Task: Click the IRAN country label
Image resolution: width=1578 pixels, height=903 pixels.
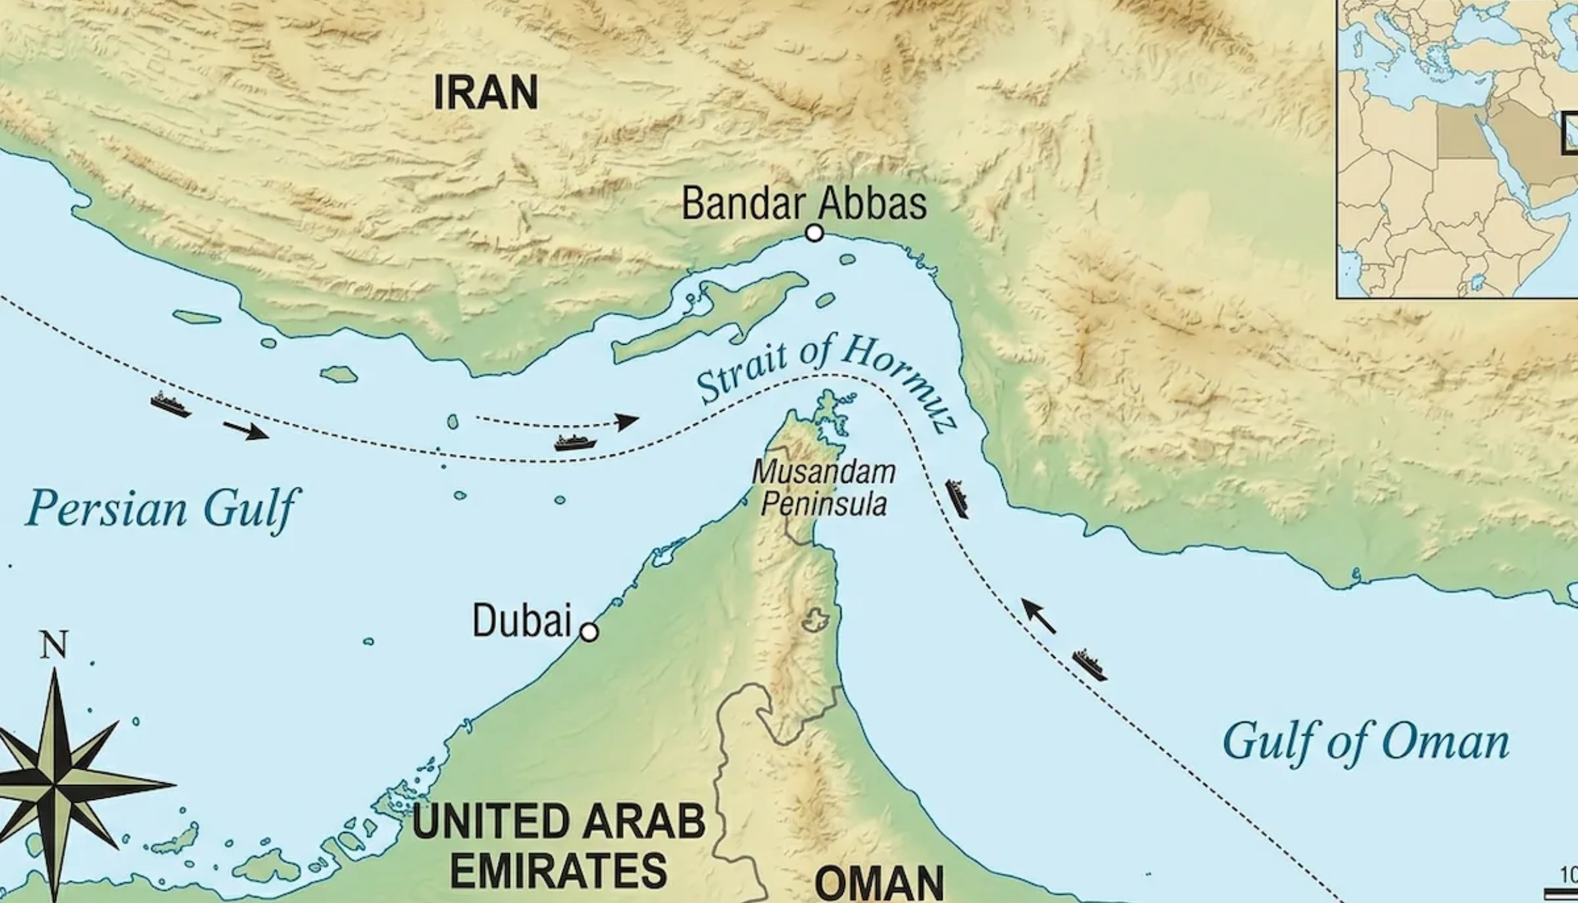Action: (x=486, y=93)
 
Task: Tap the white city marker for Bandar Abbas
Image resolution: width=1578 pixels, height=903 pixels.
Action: (x=815, y=233)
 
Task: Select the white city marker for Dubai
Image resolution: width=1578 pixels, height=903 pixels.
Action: (x=589, y=631)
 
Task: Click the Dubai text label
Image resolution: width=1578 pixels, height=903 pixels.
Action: (x=521, y=621)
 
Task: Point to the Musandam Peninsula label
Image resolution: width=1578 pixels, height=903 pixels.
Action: (x=824, y=489)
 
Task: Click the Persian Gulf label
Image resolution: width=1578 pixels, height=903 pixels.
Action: (x=162, y=509)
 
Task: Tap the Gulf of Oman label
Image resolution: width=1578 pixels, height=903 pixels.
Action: (x=1366, y=743)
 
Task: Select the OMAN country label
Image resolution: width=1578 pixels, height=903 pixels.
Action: (x=879, y=883)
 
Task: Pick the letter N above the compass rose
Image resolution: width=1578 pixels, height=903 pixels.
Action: (x=54, y=646)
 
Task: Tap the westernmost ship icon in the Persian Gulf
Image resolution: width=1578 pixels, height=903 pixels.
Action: (x=170, y=405)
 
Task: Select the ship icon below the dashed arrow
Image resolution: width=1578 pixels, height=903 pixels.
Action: (x=575, y=442)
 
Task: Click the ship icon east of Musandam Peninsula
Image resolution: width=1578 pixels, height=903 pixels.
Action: (x=957, y=498)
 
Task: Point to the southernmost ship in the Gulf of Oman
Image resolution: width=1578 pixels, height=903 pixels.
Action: (x=1089, y=666)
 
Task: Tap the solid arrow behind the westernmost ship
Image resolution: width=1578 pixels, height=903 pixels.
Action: (x=246, y=431)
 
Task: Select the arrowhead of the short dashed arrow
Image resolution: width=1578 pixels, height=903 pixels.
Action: (x=627, y=421)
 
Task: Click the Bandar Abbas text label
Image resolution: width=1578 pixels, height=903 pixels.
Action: (x=804, y=204)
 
